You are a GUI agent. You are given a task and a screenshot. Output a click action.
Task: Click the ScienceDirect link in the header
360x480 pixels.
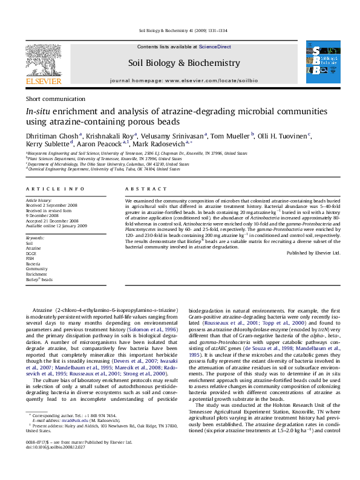point(215,47)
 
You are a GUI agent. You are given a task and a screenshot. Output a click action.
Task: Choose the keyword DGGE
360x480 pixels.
point(31,253)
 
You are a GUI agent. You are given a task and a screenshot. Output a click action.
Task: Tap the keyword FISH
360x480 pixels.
point(30,259)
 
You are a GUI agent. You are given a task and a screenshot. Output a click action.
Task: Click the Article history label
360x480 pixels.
point(39,199)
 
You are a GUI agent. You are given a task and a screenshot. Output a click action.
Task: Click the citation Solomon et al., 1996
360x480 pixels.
point(144,328)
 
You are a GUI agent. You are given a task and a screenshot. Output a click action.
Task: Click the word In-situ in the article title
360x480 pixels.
point(38,112)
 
